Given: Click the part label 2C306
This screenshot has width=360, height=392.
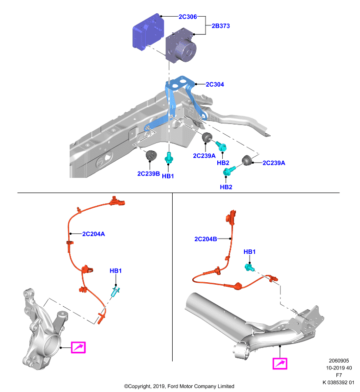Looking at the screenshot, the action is pyautogui.click(x=188, y=17).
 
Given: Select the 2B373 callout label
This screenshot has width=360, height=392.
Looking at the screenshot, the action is pyautogui.click(x=221, y=26).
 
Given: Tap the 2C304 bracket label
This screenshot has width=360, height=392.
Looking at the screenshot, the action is pyautogui.click(x=215, y=84).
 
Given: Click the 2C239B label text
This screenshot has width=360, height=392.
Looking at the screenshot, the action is pyautogui.click(x=149, y=174).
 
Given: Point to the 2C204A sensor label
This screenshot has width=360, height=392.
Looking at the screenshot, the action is pyautogui.click(x=94, y=234).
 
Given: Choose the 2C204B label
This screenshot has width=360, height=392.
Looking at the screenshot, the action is pyautogui.click(x=206, y=239).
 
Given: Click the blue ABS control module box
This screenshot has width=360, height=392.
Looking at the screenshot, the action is pyautogui.click(x=148, y=32).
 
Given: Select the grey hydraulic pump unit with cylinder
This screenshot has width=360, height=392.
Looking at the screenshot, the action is pyautogui.click(x=181, y=46).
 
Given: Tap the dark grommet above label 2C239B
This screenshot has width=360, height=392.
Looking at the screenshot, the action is pyautogui.click(x=151, y=155).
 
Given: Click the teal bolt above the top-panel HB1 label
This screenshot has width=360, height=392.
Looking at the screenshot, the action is pyautogui.click(x=169, y=158).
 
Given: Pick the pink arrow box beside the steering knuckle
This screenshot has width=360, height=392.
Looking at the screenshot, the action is pyautogui.click(x=78, y=347).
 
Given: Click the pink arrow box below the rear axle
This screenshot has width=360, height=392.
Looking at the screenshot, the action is pyautogui.click(x=280, y=364).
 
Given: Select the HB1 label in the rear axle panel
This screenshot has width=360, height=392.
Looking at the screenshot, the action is pyautogui.click(x=250, y=252).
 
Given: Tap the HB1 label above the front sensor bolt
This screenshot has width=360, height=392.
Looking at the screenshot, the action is pyautogui.click(x=116, y=271).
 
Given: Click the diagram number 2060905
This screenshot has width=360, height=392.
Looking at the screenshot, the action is pyautogui.click(x=339, y=361).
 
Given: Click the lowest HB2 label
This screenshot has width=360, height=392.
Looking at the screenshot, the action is pyautogui.click(x=226, y=187).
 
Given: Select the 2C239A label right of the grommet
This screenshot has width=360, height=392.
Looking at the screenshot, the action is pyautogui.click(x=274, y=163).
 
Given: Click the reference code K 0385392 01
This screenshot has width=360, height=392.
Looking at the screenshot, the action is pyautogui.click(x=338, y=382).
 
